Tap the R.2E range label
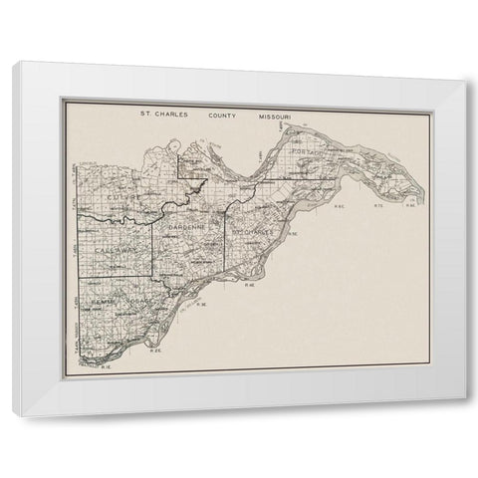tap(154, 350)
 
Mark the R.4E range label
tap(250, 285)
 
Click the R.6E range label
tap(339, 207)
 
